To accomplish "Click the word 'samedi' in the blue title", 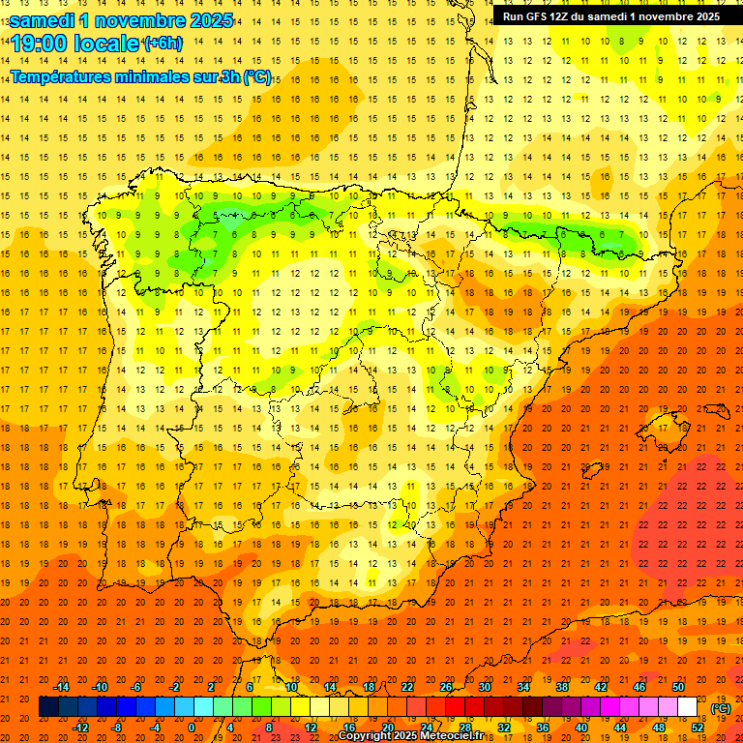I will click(43, 20).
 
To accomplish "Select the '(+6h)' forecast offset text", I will click(162, 43).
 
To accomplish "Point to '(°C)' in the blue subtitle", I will click(256, 76).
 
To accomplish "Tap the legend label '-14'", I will click(61, 687).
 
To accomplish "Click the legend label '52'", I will click(697, 728).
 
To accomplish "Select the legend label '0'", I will click(192, 728).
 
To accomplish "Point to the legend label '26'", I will click(446, 687).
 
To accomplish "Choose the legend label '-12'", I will click(80, 728).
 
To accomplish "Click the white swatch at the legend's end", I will click(687, 707).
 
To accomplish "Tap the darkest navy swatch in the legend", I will click(48, 707).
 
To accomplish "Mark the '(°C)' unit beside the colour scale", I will click(721, 708).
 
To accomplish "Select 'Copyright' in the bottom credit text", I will click(365, 736).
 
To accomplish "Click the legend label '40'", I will click(580, 728).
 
